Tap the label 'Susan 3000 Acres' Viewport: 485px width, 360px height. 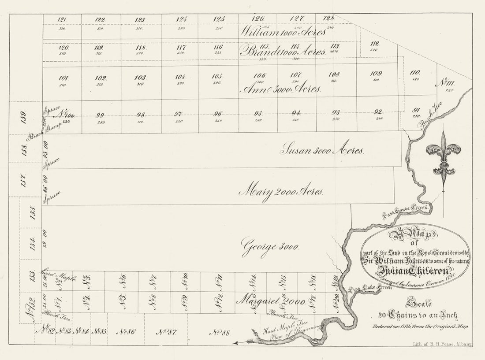pyautogui.click(x=322, y=150)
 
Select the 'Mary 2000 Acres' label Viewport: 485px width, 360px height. pyautogui.click(x=282, y=192)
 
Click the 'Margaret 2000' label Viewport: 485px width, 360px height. pyautogui.click(x=271, y=301)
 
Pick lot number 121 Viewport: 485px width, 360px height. pyautogui.click(x=62, y=19)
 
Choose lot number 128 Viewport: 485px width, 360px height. pyautogui.click(x=328, y=18)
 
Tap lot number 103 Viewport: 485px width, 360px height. pyautogui.click(x=141, y=78)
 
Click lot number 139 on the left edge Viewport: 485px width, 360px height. pyautogui.click(x=24, y=118)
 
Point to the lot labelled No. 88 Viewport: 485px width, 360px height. pyautogui.click(x=219, y=332)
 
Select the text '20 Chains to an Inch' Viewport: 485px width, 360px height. pyautogui.click(x=418, y=316)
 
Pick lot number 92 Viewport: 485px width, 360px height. pyautogui.click(x=378, y=111)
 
